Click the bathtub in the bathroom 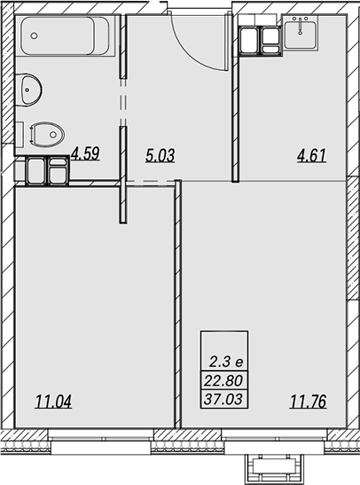[65, 35]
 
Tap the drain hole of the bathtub [35, 35]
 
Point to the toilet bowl [47, 135]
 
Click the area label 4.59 [85, 153]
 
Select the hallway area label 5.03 [160, 155]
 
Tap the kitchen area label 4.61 [312, 155]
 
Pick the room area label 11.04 [53, 402]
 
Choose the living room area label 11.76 [308, 402]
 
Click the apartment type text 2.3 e [226, 362]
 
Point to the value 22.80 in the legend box [223, 380]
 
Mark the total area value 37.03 [223, 399]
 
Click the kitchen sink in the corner [301, 33]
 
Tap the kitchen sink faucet [300, 27]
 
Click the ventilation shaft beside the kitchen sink [261, 41]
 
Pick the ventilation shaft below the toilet [47, 171]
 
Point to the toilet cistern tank [20, 135]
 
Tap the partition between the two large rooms [178, 304]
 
